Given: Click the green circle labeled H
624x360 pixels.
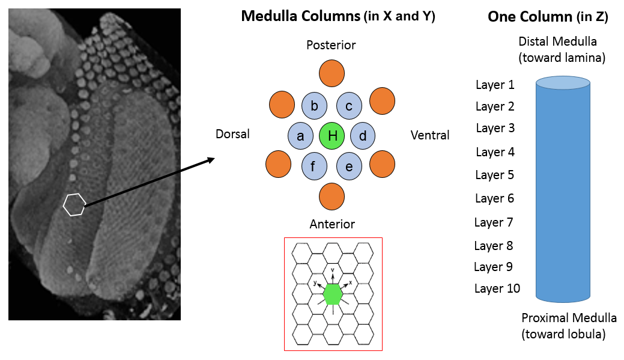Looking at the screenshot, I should tap(332, 136).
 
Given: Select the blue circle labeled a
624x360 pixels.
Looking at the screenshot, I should tap(301, 136).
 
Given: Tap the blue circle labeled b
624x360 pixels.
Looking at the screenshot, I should tap(314, 106).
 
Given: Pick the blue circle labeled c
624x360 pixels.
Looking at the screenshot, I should tap(349, 106).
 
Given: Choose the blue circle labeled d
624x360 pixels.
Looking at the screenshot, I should tap(363, 136).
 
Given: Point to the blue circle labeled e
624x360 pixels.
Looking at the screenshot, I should tap(349, 166).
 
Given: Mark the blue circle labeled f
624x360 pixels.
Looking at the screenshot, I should tap(314, 166).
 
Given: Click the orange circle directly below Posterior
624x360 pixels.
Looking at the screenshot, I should tap(332, 73).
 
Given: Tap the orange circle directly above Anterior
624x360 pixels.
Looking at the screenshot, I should tap(332, 197).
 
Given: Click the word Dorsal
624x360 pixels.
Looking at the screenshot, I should tap(232, 135).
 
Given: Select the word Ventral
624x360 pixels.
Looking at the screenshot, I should tap(430, 135).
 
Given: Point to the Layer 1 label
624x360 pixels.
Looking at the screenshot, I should tap(495, 85).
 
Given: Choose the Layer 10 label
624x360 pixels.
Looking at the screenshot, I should tap(497, 288).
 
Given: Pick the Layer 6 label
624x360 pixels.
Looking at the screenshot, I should tap(495, 198).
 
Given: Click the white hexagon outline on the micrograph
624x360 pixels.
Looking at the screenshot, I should tap(74, 204).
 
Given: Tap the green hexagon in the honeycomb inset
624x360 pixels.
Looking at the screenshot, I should tap(333, 294).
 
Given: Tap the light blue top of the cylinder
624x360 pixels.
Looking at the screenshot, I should tap(563, 82).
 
